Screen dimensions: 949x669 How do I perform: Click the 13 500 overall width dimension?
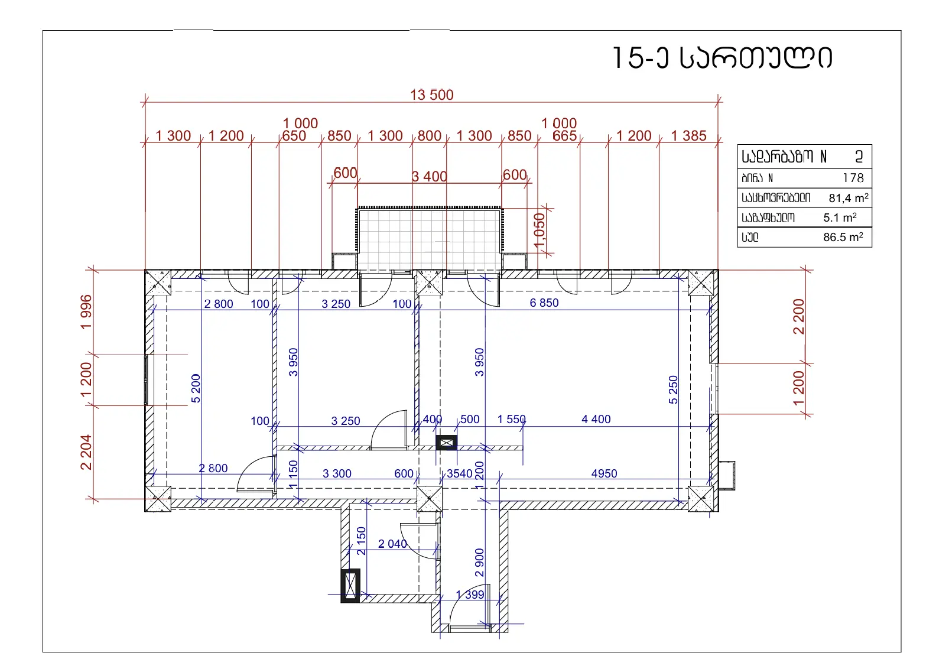(432, 95)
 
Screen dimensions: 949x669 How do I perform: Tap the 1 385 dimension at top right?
(689, 136)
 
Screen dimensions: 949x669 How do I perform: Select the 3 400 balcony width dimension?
(429, 177)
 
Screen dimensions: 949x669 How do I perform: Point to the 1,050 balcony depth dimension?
(539, 230)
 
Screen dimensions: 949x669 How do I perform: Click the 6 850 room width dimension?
(544, 303)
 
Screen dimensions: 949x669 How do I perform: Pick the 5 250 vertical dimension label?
(673, 390)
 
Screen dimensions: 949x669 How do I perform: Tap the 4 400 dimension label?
(596, 420)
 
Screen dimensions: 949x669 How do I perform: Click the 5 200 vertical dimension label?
(196, 388)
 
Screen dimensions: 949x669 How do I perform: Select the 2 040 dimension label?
(392, 544)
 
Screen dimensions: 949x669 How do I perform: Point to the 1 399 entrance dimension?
(470, 595)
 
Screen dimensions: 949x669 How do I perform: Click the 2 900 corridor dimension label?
(479, 563)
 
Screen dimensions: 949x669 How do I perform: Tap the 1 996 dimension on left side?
(86, 312)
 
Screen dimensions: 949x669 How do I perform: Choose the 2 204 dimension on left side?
(86, 453)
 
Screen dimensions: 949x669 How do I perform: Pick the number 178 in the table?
(853, 178)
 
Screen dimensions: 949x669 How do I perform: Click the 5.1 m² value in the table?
(840, 217)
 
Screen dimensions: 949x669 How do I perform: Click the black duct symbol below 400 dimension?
(447, 443)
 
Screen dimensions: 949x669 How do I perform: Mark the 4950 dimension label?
(604, 474)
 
